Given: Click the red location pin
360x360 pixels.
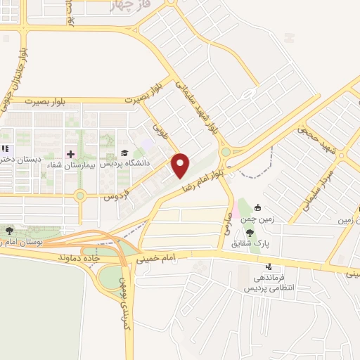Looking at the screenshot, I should [181, 165].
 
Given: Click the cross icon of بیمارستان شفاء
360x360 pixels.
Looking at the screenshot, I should [70, 153].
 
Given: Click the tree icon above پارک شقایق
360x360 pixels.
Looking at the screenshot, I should [251, 233].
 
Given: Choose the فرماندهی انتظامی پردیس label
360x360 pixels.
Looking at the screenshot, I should [270, 282].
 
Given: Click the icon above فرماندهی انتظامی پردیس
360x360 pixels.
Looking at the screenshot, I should [270, 266].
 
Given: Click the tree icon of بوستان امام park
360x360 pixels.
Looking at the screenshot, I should [8, 230].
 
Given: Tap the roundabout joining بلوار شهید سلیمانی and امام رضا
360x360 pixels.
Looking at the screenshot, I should [226, 151].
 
